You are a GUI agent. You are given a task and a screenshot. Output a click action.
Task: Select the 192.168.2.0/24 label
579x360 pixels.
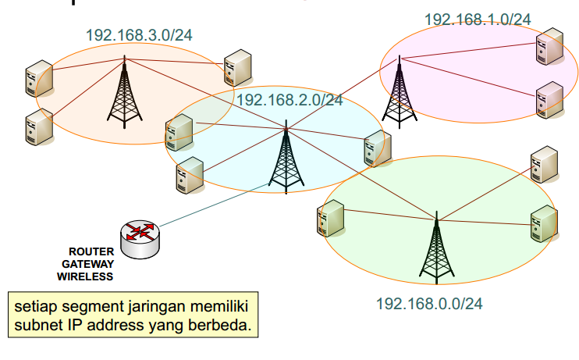coord(289,100)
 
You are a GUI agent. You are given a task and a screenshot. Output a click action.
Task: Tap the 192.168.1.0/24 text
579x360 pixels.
coord(478,19)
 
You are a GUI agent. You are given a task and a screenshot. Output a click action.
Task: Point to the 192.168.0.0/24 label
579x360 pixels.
coord(429,303)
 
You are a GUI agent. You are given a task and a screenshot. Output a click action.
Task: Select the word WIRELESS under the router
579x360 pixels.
coord(85,276)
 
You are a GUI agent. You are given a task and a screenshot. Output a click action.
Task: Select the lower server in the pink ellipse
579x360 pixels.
coord(549,99)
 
